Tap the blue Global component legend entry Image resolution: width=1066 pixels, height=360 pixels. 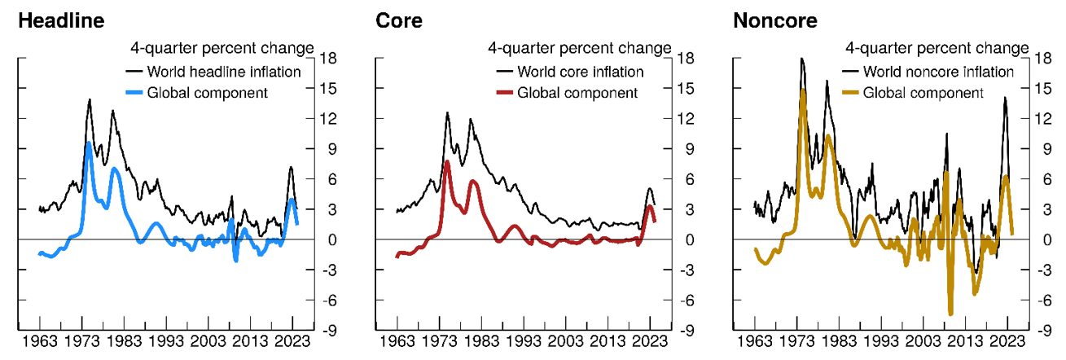(x=207, y=92)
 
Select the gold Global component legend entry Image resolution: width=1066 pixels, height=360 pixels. (x=923, y=92)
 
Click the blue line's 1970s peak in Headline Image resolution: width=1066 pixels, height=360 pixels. (x=88, y=143)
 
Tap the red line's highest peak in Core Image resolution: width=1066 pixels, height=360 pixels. (x=447, y=162)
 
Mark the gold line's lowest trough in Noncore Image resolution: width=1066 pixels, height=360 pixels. (x=950, y=314)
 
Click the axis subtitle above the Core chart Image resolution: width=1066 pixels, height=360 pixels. (x=579, y=48)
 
